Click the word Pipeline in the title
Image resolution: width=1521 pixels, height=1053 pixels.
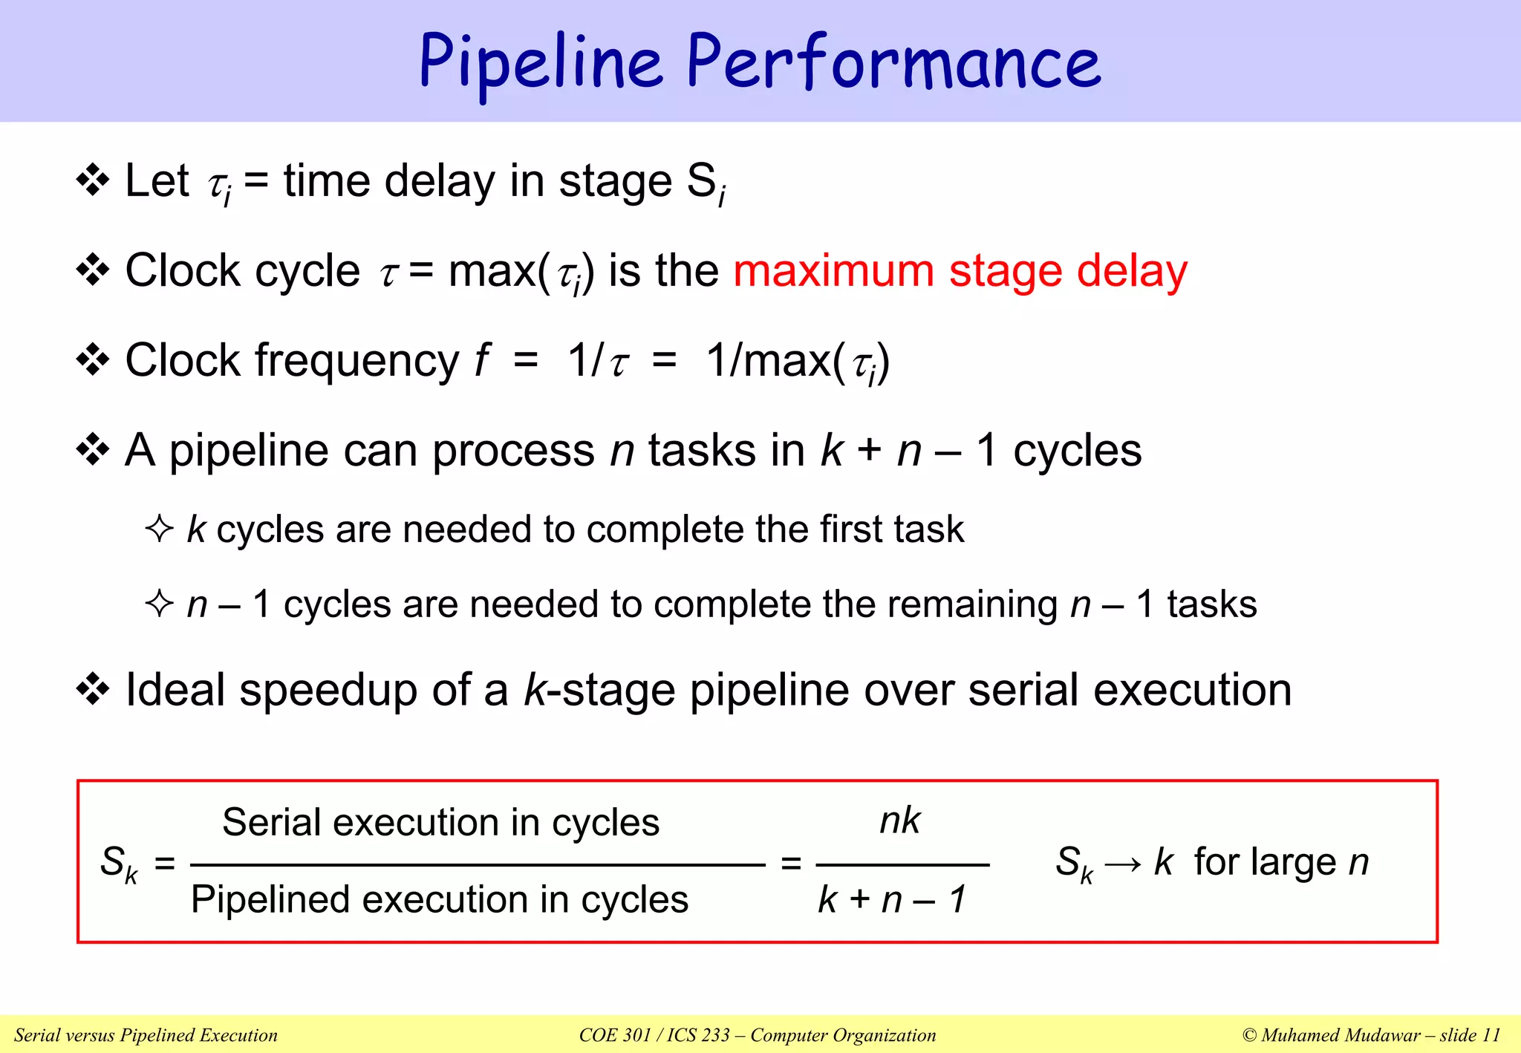pos(540,63)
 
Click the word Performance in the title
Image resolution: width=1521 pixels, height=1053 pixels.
pos(893,63)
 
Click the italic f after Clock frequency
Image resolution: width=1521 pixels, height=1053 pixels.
pos(481,360)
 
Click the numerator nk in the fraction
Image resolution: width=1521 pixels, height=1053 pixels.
pos(899,821)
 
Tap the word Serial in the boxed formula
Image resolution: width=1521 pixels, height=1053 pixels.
pos(271,823)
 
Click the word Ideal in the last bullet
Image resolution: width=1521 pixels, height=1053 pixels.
pos(175,690)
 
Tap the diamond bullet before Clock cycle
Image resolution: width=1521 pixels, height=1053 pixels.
pos(93,270)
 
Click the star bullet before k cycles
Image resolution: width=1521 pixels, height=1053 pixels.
pos(159,529)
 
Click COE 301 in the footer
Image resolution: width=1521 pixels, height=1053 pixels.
pos(615,1035)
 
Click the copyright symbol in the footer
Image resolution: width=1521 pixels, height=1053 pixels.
pos(1249,1035)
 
